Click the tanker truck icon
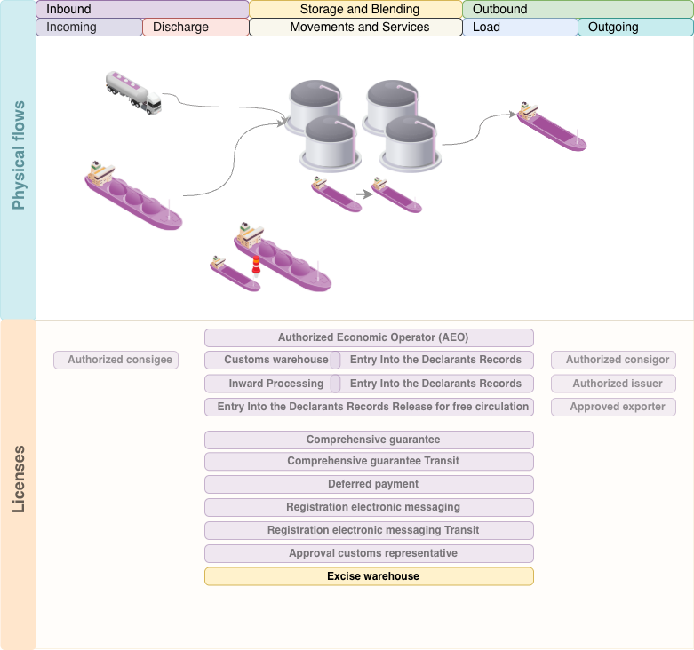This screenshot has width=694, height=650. (133, 93)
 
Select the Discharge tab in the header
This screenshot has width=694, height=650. (195, 28)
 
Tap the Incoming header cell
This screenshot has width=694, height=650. (89, 28)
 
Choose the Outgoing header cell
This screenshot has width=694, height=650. (635, 28)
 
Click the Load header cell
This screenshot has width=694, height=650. (520, 28)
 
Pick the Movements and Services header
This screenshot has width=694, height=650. (355, 28)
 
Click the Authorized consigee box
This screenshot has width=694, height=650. (116, 361)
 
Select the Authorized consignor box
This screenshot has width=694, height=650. (613, 361)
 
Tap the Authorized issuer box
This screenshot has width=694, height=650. (613, 384)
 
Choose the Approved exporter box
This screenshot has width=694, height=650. (613, 407)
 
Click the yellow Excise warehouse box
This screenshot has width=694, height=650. (369, 576)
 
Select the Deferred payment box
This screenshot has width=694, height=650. (369, 484)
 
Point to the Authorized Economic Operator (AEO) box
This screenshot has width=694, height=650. (369, 337)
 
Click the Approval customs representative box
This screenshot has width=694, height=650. (369, 553)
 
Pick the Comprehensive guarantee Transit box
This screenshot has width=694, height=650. (369, 461)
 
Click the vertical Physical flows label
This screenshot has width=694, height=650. (19, 155)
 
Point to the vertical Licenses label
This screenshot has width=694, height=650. (19, 480)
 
